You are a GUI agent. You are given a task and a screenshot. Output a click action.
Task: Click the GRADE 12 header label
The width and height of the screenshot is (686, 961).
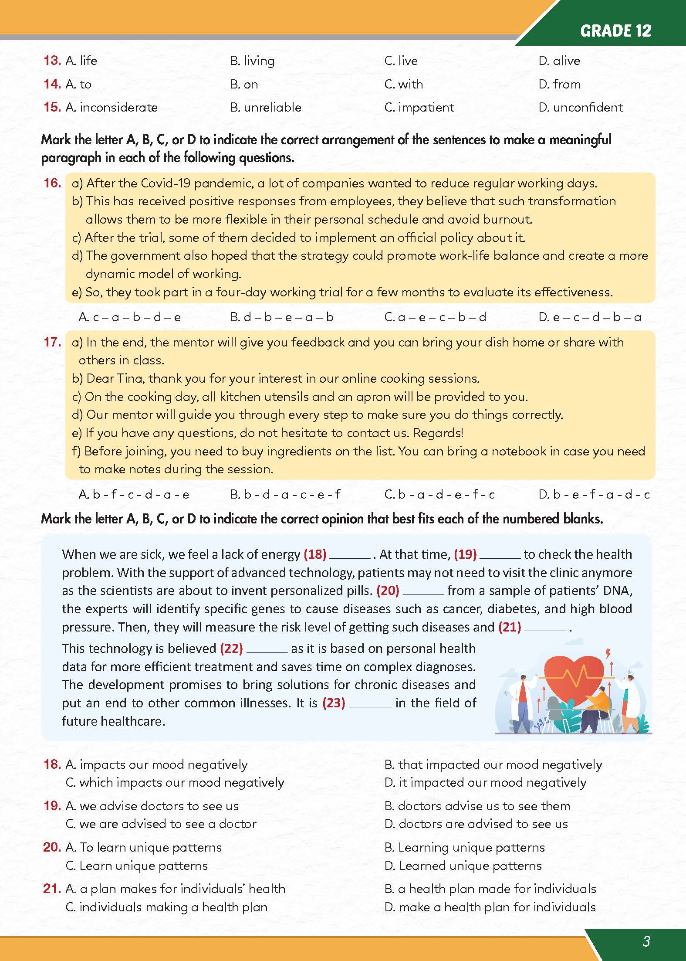click(615, 31)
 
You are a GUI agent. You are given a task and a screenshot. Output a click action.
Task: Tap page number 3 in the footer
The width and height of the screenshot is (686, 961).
click(646, 941)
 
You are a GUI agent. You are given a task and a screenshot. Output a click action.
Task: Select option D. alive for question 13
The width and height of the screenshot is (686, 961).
click(559, 61)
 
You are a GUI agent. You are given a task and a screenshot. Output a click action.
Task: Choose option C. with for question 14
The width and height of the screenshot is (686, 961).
click(404, 84)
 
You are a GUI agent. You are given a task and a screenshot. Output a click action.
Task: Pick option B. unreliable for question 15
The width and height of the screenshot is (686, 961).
click(266, 107)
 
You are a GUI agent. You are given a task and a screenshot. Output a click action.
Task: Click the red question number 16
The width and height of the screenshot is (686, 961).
click(52, 183)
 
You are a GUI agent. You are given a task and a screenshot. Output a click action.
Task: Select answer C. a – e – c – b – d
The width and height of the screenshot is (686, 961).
click(435, 317)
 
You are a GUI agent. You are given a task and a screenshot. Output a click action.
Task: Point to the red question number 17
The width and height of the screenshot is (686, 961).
click(52, 342)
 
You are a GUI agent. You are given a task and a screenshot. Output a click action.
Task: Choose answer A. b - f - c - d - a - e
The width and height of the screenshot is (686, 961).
click(134, 494)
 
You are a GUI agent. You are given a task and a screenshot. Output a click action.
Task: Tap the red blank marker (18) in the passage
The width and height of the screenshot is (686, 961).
click(315, 554)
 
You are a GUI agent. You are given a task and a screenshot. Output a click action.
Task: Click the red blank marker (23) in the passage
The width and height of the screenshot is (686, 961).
click(334, 703)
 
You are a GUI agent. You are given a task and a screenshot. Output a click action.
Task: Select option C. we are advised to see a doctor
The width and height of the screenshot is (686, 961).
click(161, 824)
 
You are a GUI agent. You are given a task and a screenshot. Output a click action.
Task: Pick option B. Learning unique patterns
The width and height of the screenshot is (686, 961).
click(465, 847)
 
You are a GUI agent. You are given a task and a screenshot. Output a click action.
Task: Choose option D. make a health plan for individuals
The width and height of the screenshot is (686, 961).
click(490, 907)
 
